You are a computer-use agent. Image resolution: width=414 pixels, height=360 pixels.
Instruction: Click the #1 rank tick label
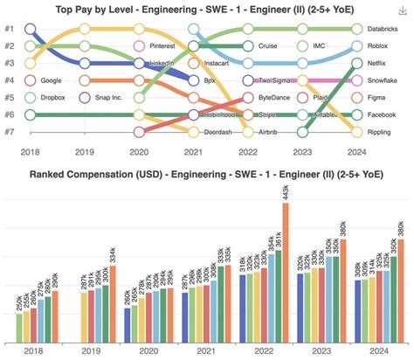pos(10,29)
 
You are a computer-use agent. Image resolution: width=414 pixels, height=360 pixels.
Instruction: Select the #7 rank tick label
pos(10,131)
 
